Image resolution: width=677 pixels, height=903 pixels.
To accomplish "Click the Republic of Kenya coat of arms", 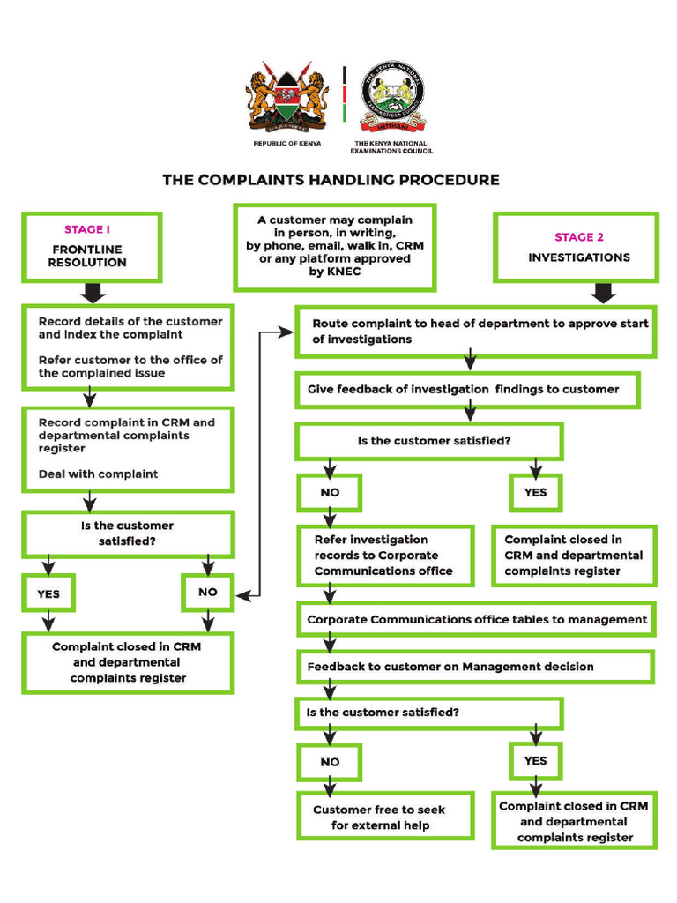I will (286, 97).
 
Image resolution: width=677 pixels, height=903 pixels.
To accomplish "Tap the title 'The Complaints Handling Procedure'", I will (331, 180).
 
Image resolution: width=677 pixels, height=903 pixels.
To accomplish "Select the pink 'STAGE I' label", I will (86, 229).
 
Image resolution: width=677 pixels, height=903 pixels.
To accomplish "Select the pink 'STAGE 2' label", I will (579, 236).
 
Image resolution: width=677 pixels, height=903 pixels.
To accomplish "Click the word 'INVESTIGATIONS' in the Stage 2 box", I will (579, 257).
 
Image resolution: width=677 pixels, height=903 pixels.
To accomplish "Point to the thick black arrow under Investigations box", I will (604, 293).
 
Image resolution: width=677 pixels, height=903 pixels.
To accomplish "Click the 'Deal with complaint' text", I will (98, 474).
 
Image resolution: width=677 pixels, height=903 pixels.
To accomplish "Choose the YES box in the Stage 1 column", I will (48, 593).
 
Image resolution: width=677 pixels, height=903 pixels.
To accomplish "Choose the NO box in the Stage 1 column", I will (208, 592).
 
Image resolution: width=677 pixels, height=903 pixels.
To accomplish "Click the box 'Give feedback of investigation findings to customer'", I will (467, 390).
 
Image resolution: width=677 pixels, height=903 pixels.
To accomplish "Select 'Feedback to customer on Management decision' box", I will (475, 667).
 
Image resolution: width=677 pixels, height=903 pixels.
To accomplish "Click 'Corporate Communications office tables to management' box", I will (477, 620).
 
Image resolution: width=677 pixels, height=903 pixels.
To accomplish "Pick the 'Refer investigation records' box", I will (383, 556).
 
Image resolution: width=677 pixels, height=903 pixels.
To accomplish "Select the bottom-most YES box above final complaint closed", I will (535, 760).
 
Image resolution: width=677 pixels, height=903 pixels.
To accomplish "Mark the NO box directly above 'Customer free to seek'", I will (330, 762).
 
